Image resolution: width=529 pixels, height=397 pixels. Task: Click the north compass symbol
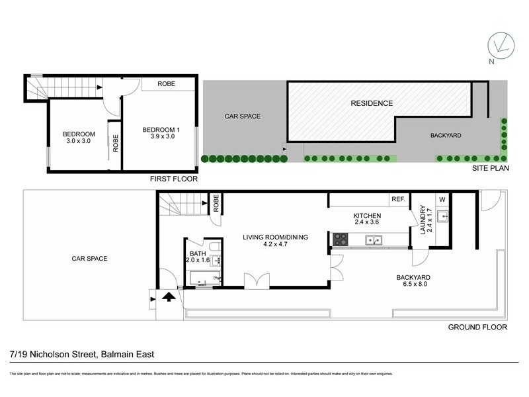click(501, 46)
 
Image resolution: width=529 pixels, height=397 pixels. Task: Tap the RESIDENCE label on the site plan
click(372, 103)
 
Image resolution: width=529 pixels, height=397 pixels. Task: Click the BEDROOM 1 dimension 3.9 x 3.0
click(159, 137)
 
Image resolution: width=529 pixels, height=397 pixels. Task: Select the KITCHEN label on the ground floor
click(367, 216)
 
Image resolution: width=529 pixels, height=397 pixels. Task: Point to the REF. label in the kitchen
click(398, 199)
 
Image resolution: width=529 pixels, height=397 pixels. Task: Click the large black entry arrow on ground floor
click(169, 297)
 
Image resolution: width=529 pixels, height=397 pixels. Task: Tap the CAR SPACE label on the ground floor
click(89, 259)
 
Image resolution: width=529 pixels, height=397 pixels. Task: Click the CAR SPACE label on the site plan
click(243, 116)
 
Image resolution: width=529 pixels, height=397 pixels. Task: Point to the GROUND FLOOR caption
click(477, 327)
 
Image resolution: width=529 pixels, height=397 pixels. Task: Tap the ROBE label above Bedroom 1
click(167, 85)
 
